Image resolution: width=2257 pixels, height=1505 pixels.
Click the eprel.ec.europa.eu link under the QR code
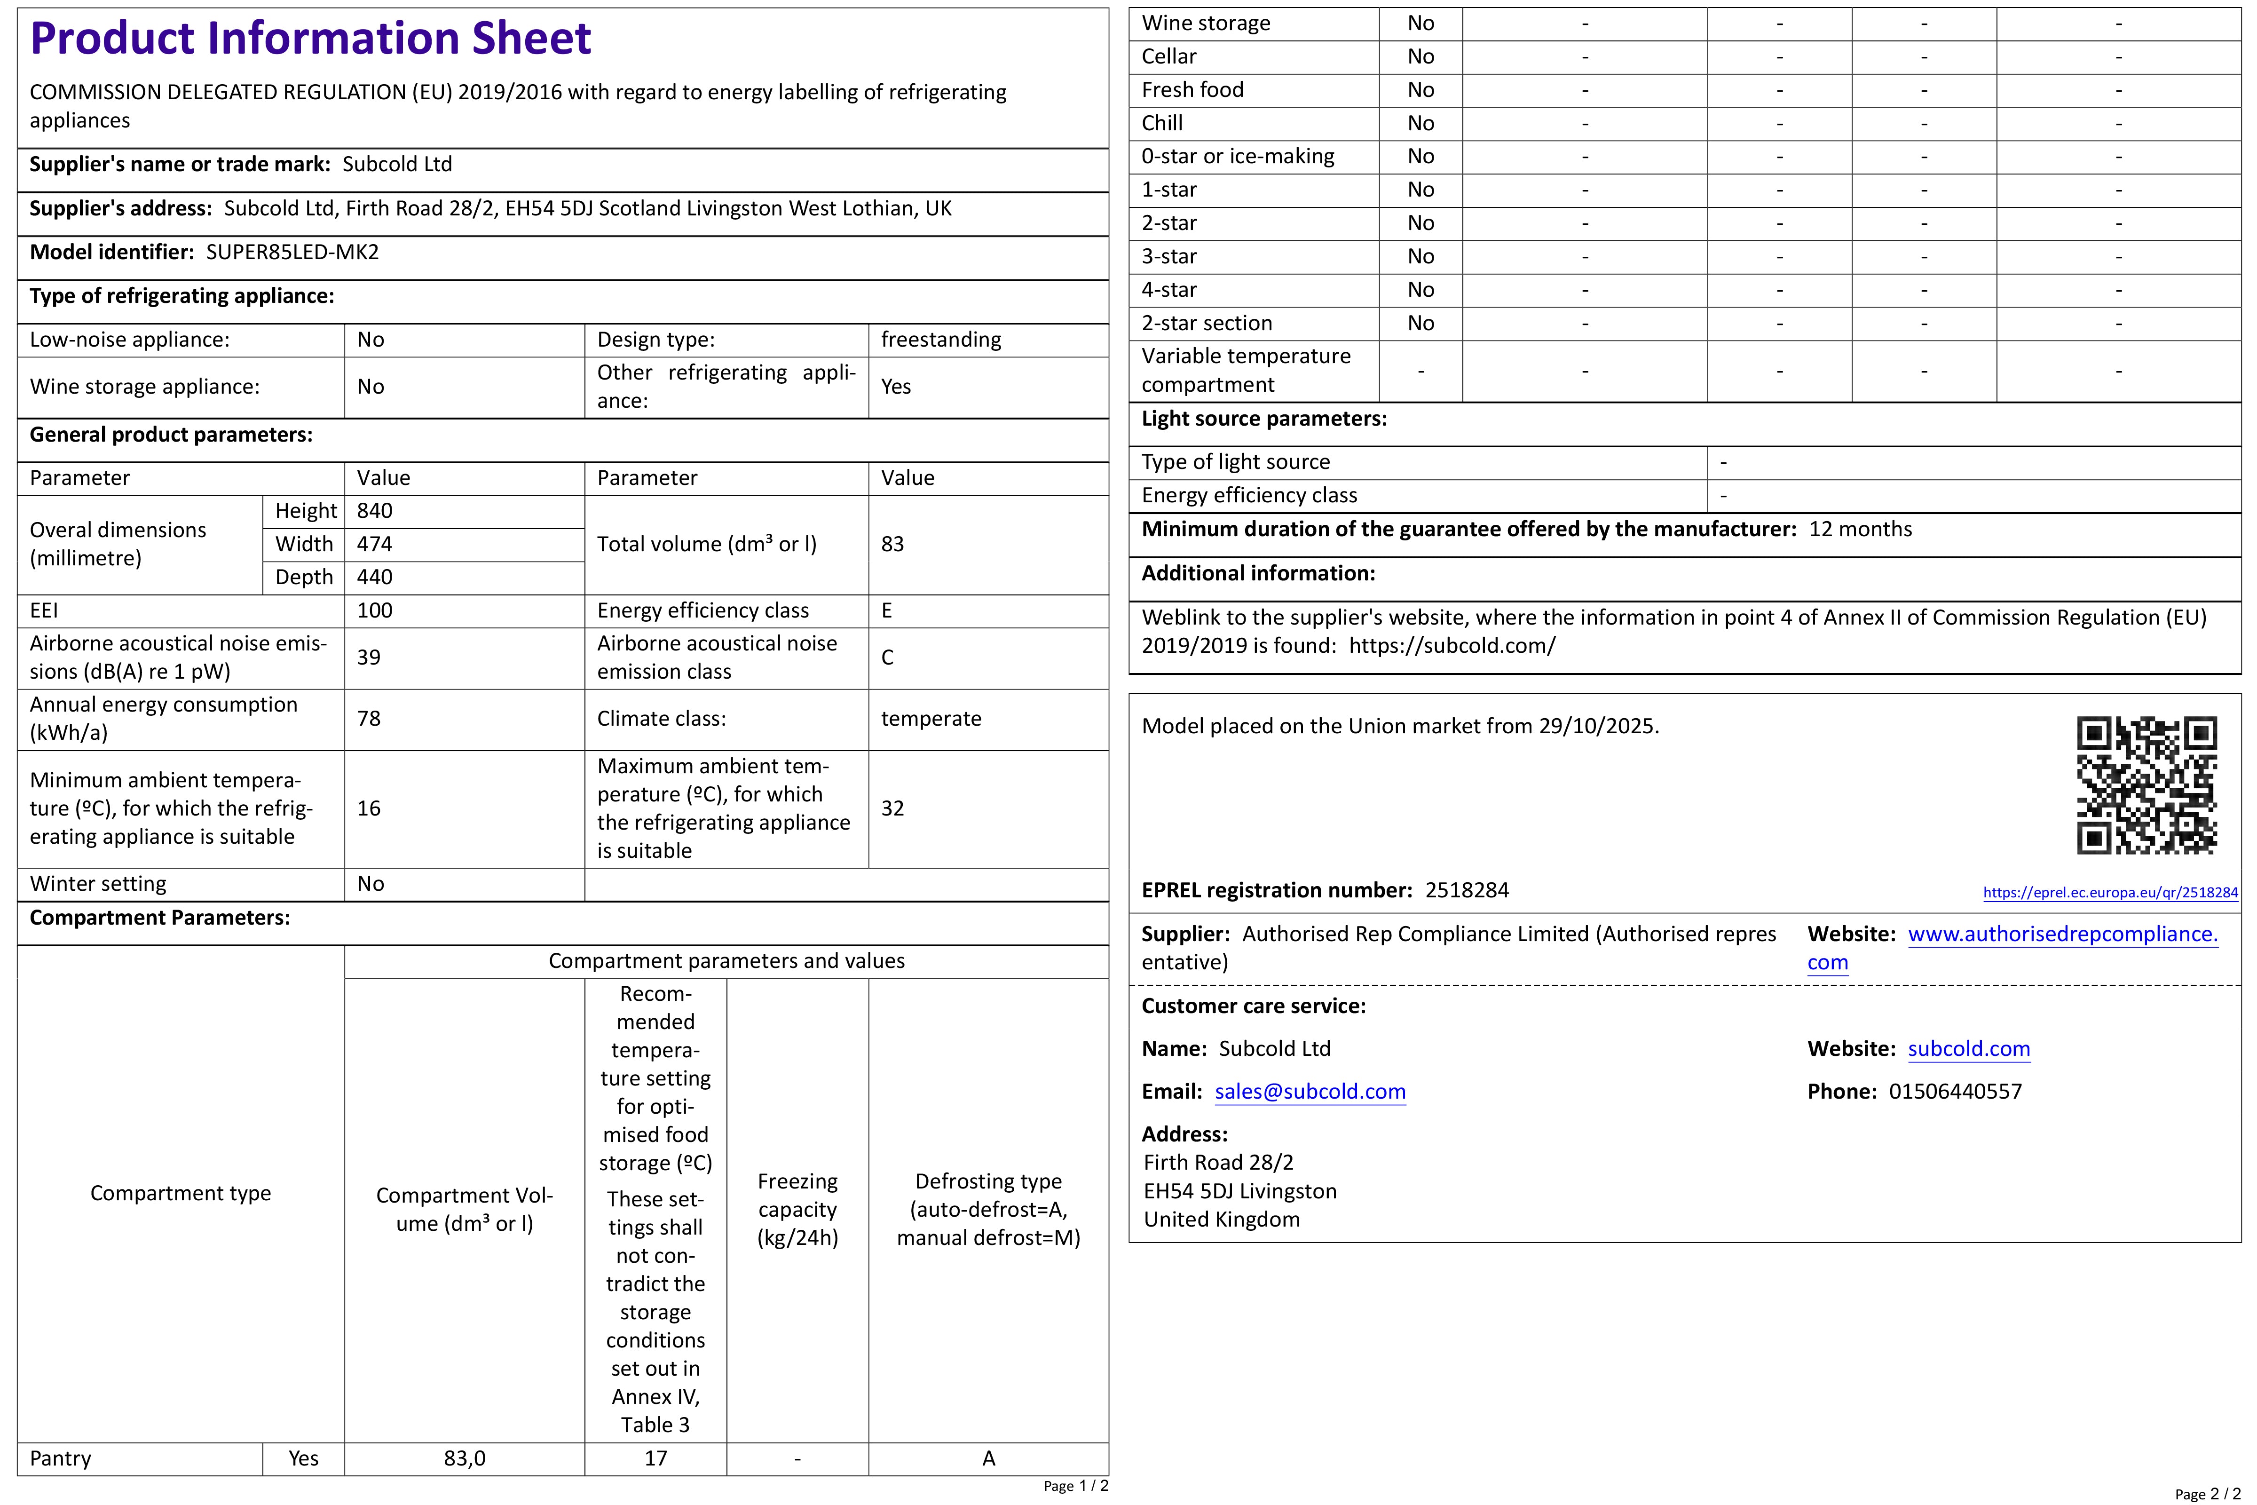(2110, 893)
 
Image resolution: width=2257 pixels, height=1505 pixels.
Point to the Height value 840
(374, 511)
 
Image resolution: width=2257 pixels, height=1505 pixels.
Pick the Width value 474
(374, 544)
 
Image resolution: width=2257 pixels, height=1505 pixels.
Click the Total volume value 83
(892, 544)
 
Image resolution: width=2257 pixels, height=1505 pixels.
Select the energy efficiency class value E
(887, 610)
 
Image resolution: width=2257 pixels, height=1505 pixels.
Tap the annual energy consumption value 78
(369, 719)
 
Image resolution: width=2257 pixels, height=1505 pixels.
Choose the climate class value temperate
(931, 719)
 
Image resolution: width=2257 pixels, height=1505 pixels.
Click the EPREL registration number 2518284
(1466, 891)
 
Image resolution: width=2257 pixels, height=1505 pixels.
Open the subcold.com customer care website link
(1968, 1049)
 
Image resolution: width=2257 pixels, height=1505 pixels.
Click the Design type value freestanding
(940, 340)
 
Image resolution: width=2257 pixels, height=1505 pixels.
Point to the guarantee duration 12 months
(1860, 530)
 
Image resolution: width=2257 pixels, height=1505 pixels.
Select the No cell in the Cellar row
(1420, 56)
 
